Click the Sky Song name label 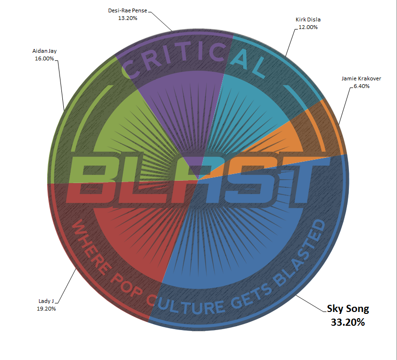348,309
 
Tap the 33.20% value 348,322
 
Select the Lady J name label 46,301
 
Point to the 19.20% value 46,309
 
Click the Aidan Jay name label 45,51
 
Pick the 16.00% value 45,58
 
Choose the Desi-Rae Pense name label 128,10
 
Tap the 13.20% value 128,18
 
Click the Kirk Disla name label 308,19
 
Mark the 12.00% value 308,27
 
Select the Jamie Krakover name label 361,78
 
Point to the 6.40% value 362,86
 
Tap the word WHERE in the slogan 90,247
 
